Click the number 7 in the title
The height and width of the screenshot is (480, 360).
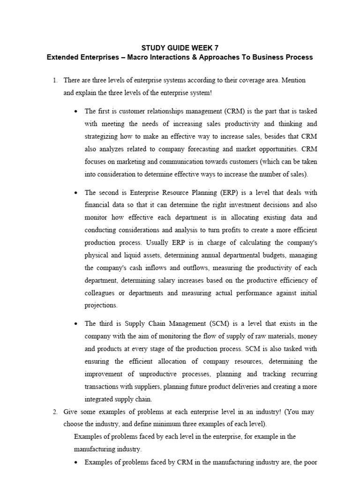point(216,48)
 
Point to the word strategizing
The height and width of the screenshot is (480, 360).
point(103,136)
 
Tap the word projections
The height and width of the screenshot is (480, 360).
point(101,305)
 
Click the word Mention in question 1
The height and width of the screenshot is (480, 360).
point(293,80)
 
